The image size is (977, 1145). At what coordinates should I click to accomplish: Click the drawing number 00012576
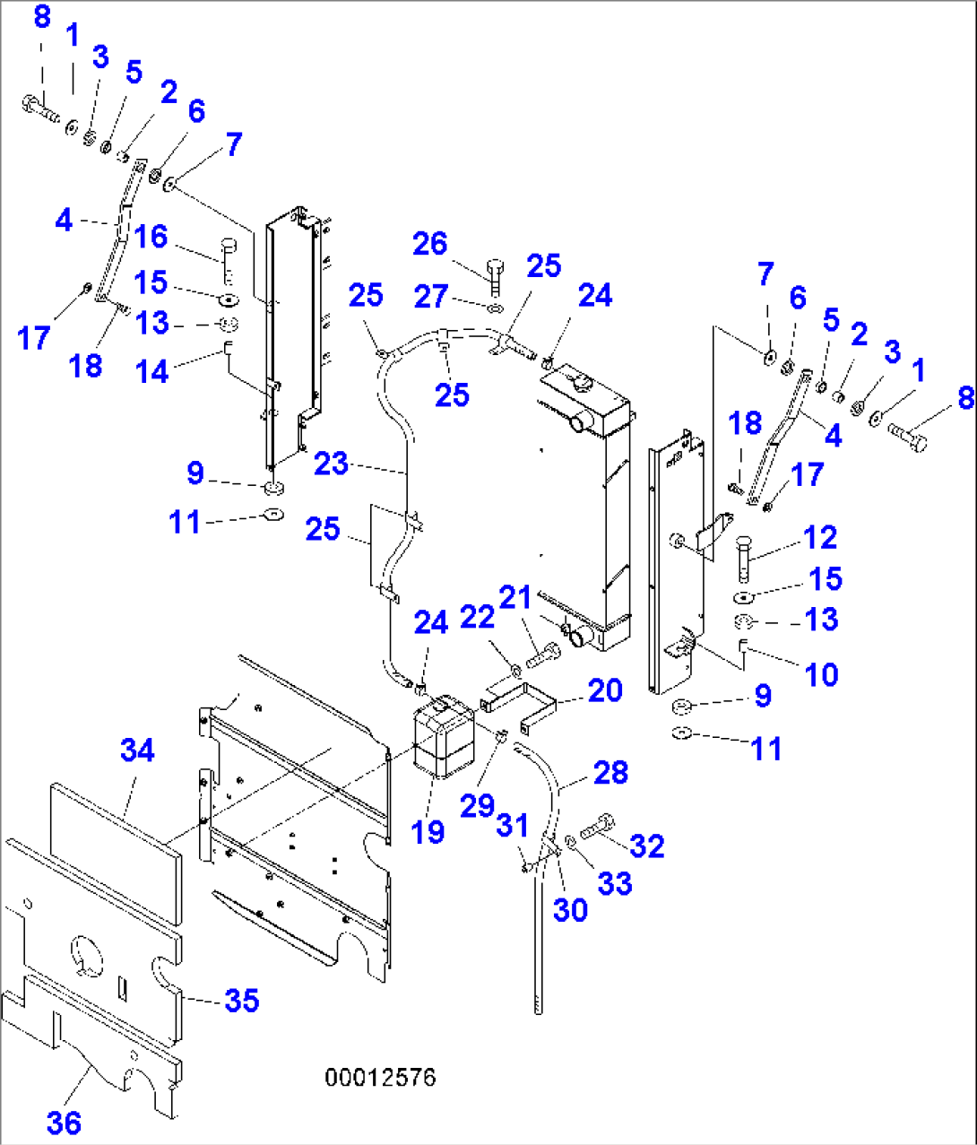(x=381, y=1078)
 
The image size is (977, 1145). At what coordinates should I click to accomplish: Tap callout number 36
(x=65, y=1123)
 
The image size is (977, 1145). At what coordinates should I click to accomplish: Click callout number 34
(x=137, y=750)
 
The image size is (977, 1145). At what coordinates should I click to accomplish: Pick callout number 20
(x=605, y=690)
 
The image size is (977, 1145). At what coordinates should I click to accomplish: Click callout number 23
(x=332, y=463)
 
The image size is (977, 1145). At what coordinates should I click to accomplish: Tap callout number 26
(x=430, y=243)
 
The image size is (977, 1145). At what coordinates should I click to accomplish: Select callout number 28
(x=611, y=772)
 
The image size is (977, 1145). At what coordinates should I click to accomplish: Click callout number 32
(x=647, y=846)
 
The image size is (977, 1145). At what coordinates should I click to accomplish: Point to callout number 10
(x=822, y=674)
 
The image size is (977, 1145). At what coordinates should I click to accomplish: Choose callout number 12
(x=820, y=537)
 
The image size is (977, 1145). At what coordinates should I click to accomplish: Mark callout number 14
(x=151, y=371)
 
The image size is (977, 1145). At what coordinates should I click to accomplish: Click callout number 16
(x=151, y=236)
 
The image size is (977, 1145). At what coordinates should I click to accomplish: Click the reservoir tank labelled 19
(x=444, y=737)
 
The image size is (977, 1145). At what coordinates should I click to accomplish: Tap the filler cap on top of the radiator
(x=580, y=382)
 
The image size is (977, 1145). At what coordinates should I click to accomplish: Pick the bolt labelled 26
(x=495, y=276)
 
